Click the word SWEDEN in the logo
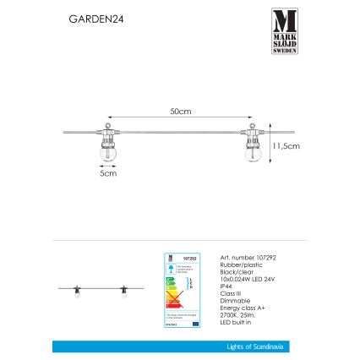coord(284,49)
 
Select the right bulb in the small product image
coord(124,290)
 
